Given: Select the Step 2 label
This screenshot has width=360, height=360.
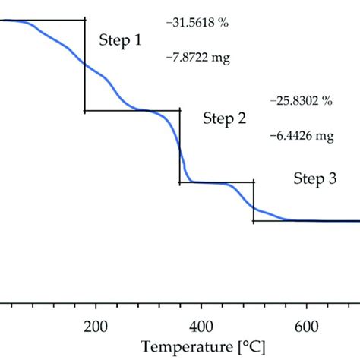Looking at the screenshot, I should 225,118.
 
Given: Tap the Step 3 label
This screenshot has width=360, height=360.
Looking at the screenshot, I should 315,179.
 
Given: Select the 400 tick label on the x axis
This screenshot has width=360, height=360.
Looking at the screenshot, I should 201,327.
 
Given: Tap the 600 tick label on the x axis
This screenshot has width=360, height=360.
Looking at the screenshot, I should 306,327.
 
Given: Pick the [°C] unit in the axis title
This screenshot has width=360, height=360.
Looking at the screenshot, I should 251,348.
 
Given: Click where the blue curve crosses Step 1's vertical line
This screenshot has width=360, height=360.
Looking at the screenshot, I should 84,65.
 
